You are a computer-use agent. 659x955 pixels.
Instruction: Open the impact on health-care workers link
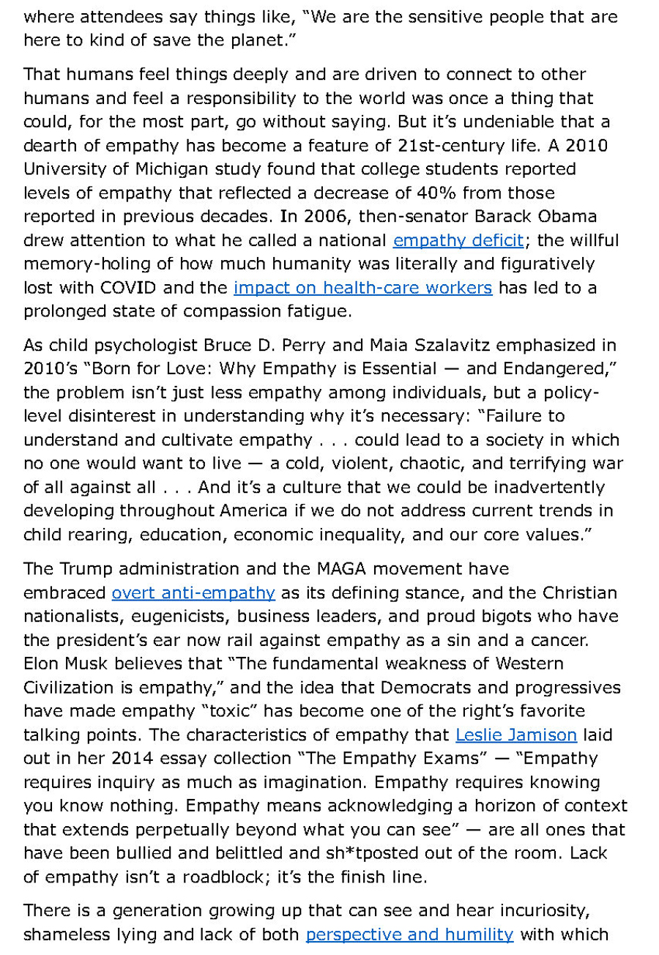(362, 287)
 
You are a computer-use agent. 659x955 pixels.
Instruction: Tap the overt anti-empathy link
(193, 592)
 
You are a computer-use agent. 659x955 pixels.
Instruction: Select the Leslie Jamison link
(516, 734)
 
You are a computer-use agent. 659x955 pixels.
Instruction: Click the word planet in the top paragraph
(252, 40)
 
